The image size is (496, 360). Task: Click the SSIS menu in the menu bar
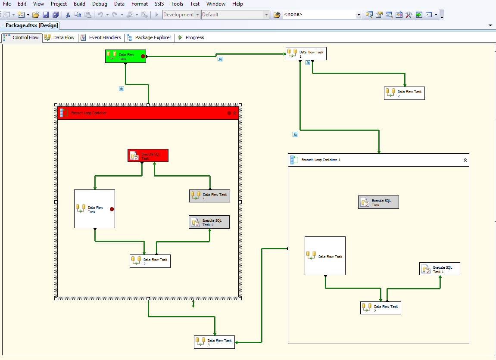(159, 4)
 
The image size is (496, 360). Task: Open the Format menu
(139, 4)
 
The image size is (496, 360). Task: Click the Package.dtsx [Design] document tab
(31, 25)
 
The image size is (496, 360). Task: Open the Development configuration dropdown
(181, 15)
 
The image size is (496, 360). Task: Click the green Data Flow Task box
(125, 56)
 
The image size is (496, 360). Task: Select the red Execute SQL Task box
(148, 155)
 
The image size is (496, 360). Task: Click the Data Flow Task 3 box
(214, 342)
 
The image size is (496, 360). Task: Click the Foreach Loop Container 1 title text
(321, 160)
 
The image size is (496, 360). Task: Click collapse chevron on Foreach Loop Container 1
(465, 160)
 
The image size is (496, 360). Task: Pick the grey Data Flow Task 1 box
(209, 196)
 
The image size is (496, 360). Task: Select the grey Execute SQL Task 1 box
(209, 222)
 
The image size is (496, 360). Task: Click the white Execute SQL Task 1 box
(440, 269)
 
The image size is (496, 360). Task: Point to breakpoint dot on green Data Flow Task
(143, 56)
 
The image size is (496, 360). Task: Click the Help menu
(237, 4)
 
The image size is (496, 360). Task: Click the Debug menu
(100, 4)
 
